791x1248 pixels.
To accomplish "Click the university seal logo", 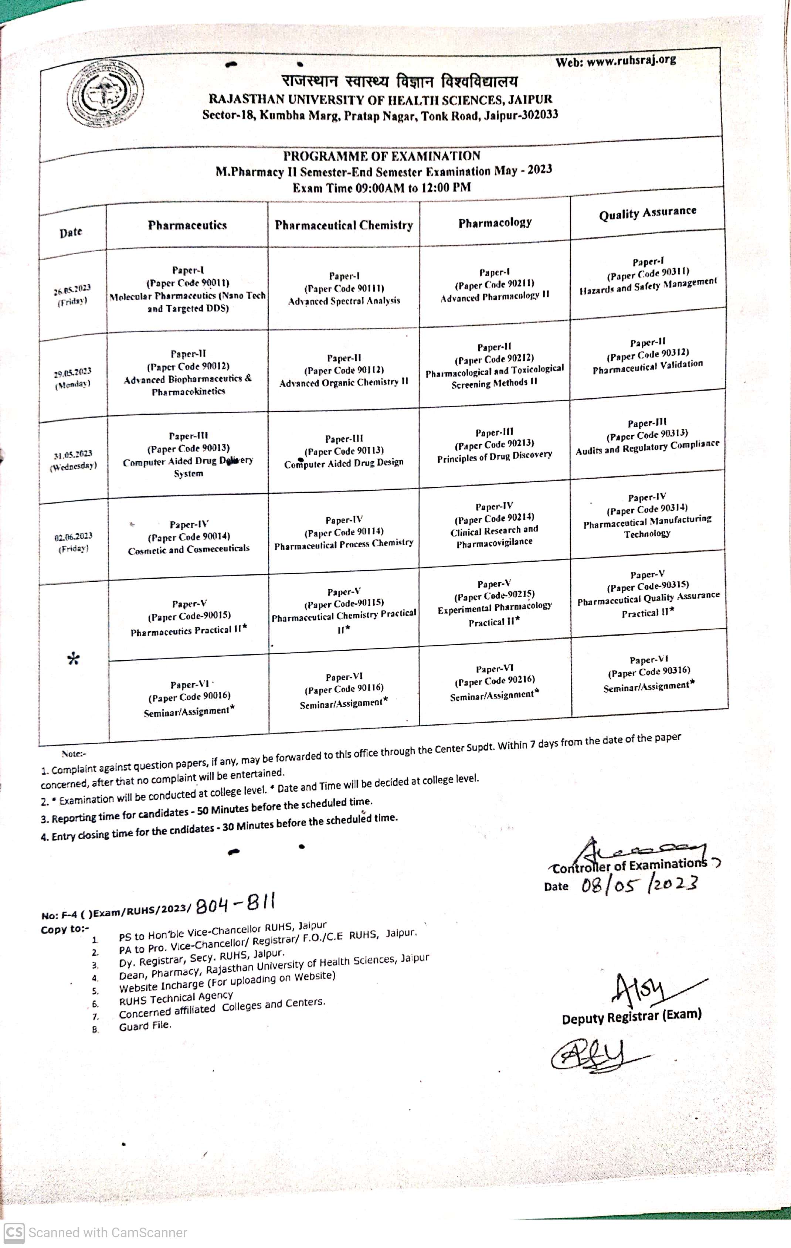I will [x=106, y=94].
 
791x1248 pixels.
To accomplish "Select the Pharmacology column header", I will [x=495, y=223].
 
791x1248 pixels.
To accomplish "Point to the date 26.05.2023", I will [x=72, y=290].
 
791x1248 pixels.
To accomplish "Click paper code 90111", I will [x=344, y=289].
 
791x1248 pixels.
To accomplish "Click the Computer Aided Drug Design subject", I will [x=344, y=463].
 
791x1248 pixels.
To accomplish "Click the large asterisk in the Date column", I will [x=74, y=659].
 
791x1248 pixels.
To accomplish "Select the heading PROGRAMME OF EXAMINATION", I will [x=381, y=156].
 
